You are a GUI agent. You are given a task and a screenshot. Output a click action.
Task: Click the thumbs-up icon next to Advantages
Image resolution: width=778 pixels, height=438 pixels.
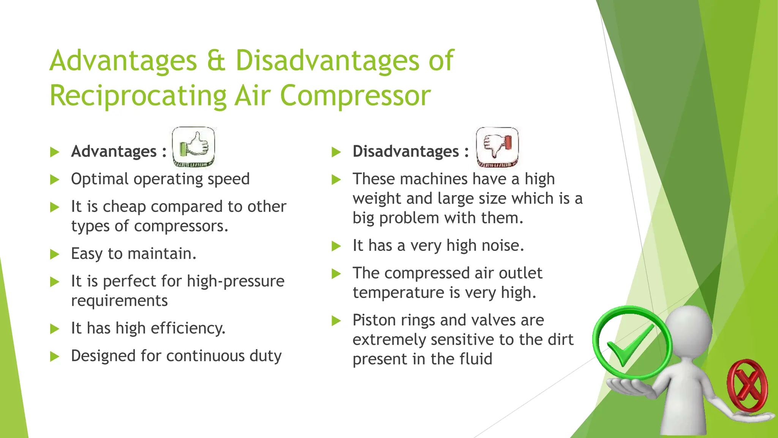tap(193, 147)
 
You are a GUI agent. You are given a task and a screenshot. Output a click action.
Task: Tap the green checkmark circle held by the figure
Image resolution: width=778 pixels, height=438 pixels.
tap(632, 342)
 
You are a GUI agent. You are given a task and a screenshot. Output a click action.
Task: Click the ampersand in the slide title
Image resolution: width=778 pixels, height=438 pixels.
tap(216, 61)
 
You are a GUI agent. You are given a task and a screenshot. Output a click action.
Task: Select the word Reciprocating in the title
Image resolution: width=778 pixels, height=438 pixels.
tap(138, 96)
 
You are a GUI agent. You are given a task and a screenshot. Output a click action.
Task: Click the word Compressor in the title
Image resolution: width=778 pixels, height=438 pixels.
tap(355, 96)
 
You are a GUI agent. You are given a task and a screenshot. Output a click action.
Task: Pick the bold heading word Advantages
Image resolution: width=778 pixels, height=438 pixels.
tap(114, 151)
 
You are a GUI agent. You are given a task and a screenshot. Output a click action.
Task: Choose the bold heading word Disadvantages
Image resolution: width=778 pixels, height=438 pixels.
tap(405, 151)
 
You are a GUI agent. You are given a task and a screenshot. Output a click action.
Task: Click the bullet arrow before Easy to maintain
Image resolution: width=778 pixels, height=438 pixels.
tap(55, 254)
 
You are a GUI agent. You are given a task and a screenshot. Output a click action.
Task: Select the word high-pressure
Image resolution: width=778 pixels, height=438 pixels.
tap(236, 281)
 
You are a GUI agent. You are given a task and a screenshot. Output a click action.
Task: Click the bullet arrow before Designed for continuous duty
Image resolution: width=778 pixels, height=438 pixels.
tap(55, 356)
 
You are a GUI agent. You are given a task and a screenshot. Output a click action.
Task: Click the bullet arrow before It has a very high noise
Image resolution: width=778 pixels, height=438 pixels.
tap(337, 246)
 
